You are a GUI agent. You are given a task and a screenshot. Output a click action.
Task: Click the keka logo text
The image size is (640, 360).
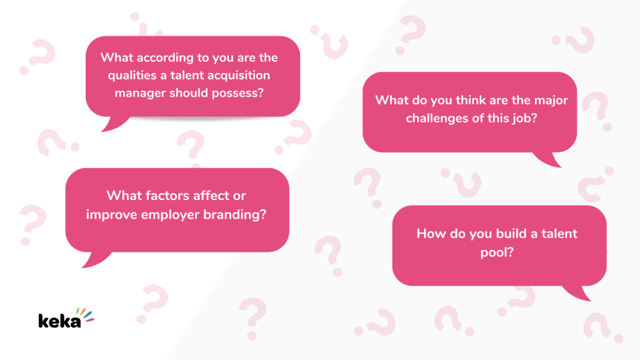(59, 321)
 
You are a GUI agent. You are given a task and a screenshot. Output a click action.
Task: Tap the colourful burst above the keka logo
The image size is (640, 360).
(85, 315)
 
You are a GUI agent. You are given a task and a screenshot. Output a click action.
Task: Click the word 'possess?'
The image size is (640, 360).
(238, 93)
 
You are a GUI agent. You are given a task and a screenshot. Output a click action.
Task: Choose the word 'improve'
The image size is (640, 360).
(111, 215)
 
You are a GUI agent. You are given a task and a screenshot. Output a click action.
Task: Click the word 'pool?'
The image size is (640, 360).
(497, 252)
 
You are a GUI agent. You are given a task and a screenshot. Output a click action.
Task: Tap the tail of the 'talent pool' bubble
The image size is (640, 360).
(579, 292)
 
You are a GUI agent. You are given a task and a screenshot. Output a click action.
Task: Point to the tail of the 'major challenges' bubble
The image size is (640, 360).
(549, 159)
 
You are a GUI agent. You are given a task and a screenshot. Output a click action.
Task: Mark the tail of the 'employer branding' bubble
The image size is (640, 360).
(95, 259)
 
